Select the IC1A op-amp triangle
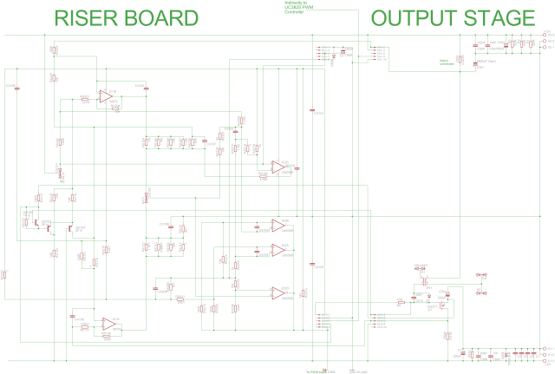[x=108, y=324]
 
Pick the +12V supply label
[x=546, y=32]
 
